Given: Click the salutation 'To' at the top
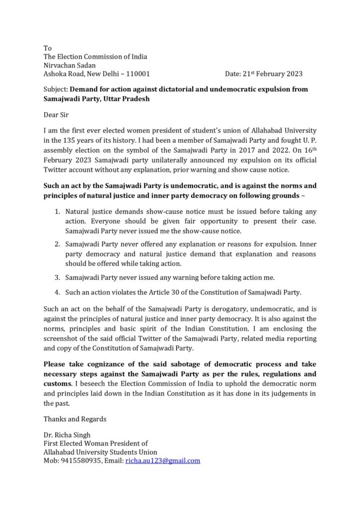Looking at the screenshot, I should pyautogui.click(x=48, y=48).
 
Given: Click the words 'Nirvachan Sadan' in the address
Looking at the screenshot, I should pyautogui.click(x=70, y=65).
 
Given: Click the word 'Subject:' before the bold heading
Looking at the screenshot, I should pyautogui.click(x=56, y=90).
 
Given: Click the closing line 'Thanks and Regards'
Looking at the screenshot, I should pyautogui.click(x=75, y=419).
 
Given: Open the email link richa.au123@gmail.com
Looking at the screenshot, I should pyautogui.click(x=163, y=461).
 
